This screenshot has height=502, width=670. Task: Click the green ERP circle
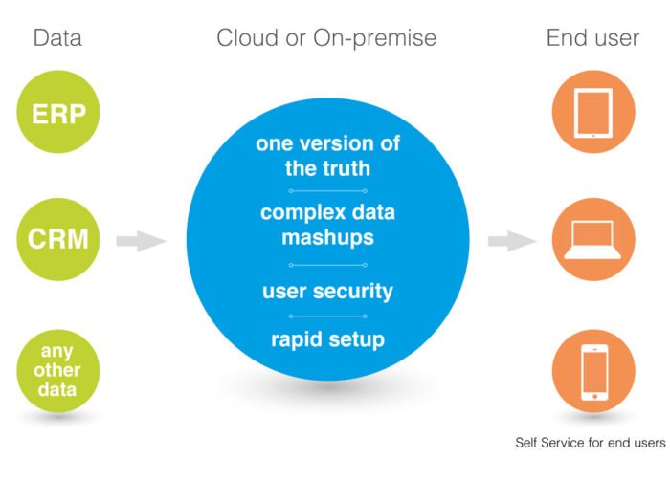pyautogui.click(x=58, y=112)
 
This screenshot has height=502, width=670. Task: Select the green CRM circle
pyautogui.click(x=58, y=239)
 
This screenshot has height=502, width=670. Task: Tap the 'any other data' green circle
pyautogui.click(x=58, y=371)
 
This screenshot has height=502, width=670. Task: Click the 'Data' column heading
pyautogui.click(x=57, y=38)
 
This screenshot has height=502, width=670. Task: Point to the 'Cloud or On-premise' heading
pyautogui.click(x=326, y=39)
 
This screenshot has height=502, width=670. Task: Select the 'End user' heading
pyautogui.click(x=592, y=38)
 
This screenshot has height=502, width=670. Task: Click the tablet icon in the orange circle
pyautogui.click(x=593, y=113)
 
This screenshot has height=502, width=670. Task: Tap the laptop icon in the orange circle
pyautogui.click(x=593, y=240)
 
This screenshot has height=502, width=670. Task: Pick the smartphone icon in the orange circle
pyautogui.click(x=594, y=372)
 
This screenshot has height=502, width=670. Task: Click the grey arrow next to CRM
pyautogui.click(x=141, y=241)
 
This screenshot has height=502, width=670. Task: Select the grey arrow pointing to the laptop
pyautogui.click(x=512, y=241)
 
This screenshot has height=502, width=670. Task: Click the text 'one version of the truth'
pyautogui.click(x=327, y=155)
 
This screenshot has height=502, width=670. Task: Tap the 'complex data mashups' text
pyautogui.click(x=327, y=225)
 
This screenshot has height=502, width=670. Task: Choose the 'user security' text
pyautogui.click(x=327, y=292)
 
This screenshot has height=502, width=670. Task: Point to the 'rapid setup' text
pyautogui.click(x=327, y=340)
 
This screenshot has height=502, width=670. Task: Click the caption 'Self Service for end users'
pyautogui.click(x=591, y=443)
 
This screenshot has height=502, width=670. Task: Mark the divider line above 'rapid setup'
pyautogui.click(x=327, y=316)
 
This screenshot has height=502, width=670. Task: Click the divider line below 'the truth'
pyautogui.click(x=327, y=191)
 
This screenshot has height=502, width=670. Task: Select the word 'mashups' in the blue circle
pyautogui.click(x=327, y=238)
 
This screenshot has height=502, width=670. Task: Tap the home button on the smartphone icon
pyautogui.click(x=594, y=397)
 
